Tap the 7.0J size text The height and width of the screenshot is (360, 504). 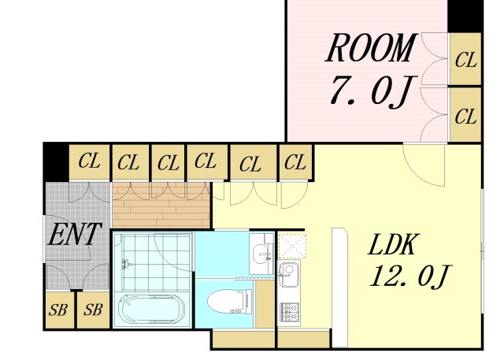click(x=373, y=91)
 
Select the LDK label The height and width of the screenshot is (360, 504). click(x=394, y=245)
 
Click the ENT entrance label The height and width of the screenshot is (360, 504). click(x=75, y=234)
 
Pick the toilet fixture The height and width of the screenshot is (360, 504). click(x=229, y=302)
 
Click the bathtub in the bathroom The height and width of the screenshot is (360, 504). click(x=151, y=310)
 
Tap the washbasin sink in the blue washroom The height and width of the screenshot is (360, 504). click(x=261, y=254)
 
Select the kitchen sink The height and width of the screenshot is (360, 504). click(x=289, y=273)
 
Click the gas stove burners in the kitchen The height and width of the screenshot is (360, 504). click(x=289, y=312)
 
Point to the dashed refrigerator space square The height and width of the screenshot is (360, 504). click(x=292, y=247)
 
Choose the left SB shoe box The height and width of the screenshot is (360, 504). click(x=59, y=310)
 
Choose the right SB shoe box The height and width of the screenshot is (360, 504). click(x=94, y=310)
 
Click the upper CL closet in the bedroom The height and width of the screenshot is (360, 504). click(x=465, y=59)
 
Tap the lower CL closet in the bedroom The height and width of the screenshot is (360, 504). click(x=465, y=115)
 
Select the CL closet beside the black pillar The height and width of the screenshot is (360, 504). click(x=89, y=161)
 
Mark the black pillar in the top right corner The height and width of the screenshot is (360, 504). click(x=465, y=16)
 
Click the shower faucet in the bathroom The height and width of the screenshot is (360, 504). click(x=126, y=264)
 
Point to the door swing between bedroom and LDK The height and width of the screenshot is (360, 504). click(x=424, y=165)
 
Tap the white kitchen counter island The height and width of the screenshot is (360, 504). click(x=339, y=288)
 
